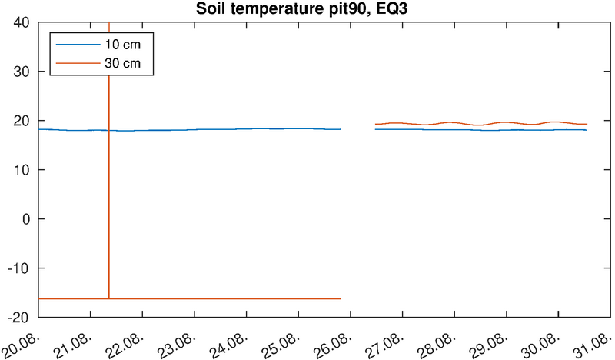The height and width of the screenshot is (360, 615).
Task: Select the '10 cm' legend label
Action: pyautogui.click(x=121, y=45)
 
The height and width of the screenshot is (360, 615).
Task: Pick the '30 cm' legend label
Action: pyautogui.click(x=121, y=62)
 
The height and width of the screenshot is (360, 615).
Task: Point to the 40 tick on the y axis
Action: pyautogui.click(x=22, y=22)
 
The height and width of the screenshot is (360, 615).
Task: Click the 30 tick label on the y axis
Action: pyautogui.click(x=22, y=72)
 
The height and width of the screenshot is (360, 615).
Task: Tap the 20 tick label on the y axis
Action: pyautogui.click(x=22, y=121)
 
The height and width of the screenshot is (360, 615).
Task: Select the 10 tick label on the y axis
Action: pyautogui.click(x=22, y=170)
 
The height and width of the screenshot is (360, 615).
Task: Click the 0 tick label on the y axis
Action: pyautogui.click(x=25, y=219)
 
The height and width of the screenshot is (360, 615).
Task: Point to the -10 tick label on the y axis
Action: pyautogui.click(x=19, y=268)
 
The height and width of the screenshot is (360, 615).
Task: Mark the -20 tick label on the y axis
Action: pyautogui.click(x=19, y=317)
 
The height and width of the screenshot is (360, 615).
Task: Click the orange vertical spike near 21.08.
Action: pyautogui.click(x=109, y=192)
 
